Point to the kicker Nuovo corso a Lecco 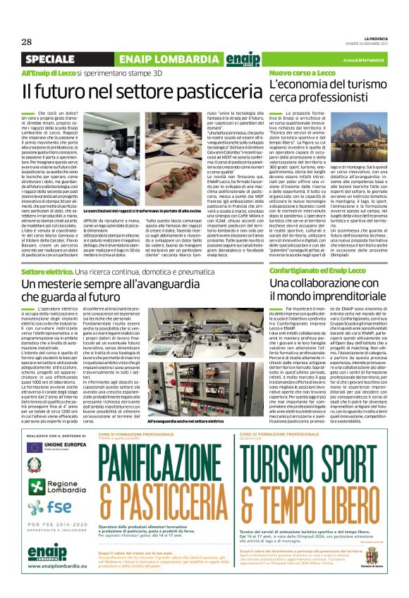[302, 73]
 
